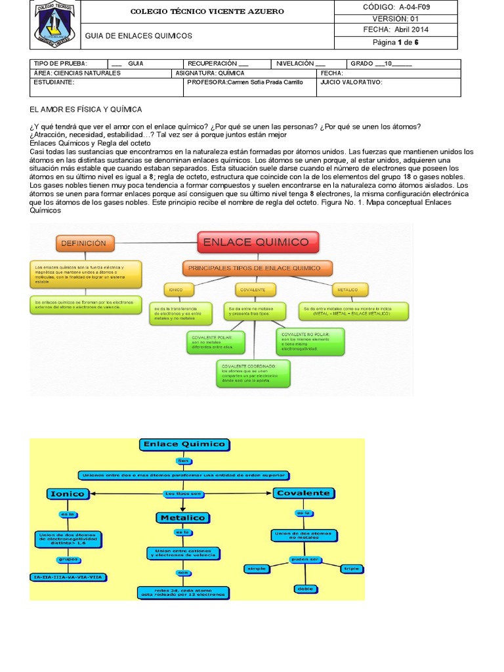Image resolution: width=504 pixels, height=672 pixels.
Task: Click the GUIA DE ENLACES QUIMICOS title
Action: click(138, 35)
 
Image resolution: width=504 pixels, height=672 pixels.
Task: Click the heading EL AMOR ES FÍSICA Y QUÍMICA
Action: click(85, 109)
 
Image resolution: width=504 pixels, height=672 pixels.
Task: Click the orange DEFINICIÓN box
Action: click(83, 243)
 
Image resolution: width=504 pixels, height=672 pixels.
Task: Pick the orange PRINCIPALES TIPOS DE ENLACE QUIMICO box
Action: click(255, 268)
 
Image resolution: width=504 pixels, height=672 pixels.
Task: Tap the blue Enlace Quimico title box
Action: click(184, 445)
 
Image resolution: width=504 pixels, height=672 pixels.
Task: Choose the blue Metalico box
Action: click(182, 518)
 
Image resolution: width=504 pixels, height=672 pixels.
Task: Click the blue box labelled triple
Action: click(347, 568)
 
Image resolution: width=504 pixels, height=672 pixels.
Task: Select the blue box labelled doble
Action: click(305, 589)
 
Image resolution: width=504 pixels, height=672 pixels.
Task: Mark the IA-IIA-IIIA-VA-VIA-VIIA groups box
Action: click(69, 577)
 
